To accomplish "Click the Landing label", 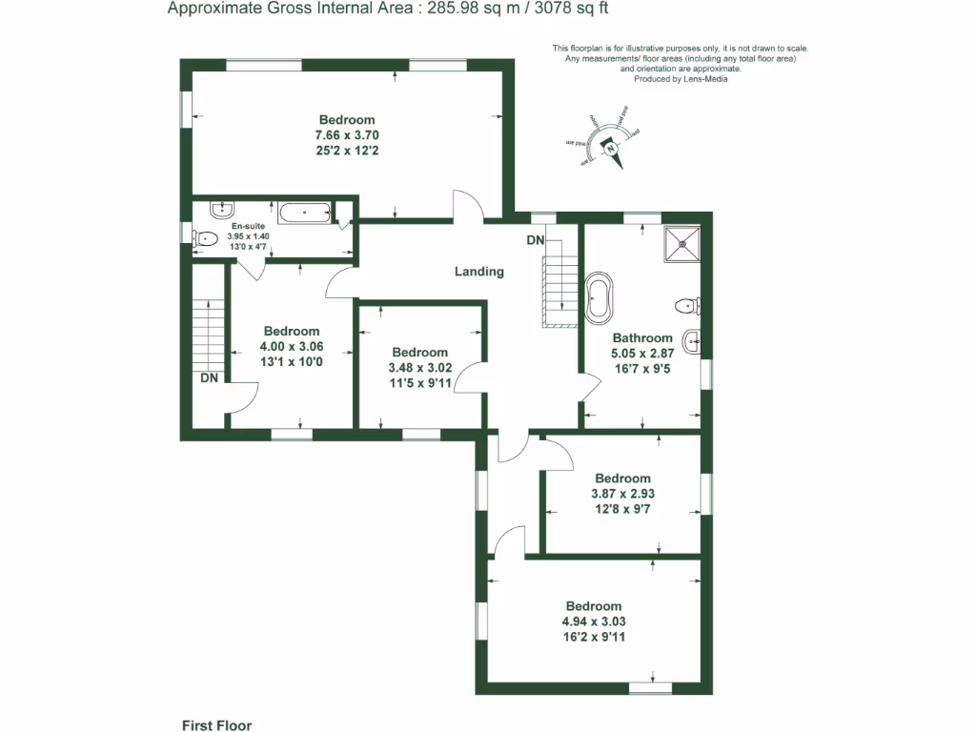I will pyautogui.click(x=478, y=272).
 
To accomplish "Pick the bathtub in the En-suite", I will pyautogui.click(x=304, y=212).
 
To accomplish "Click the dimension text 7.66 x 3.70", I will pyautogui.click(x=347, y=135).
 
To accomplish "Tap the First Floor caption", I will pyautogui.click(x=216, y=725).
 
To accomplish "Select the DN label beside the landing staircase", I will pyautogui.click(x=536, y=240).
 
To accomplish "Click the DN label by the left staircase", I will pyautogui.click(x=210, y=377).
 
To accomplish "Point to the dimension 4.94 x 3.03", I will pyautogui.click(x=593, y=621).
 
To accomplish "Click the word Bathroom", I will pyautogui.click(x=642, y=337).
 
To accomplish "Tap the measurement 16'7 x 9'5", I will pyautogui.click(x=642, y=368).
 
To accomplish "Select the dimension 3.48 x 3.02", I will pyautogui.click(x=419, y=368).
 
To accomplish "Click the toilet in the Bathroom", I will pyautogui.click(x=686, y=306).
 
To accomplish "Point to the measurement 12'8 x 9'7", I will pyautogui.click(x=622, y=509).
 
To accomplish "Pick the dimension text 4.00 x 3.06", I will pyautogui.click(x=291, y=347).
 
